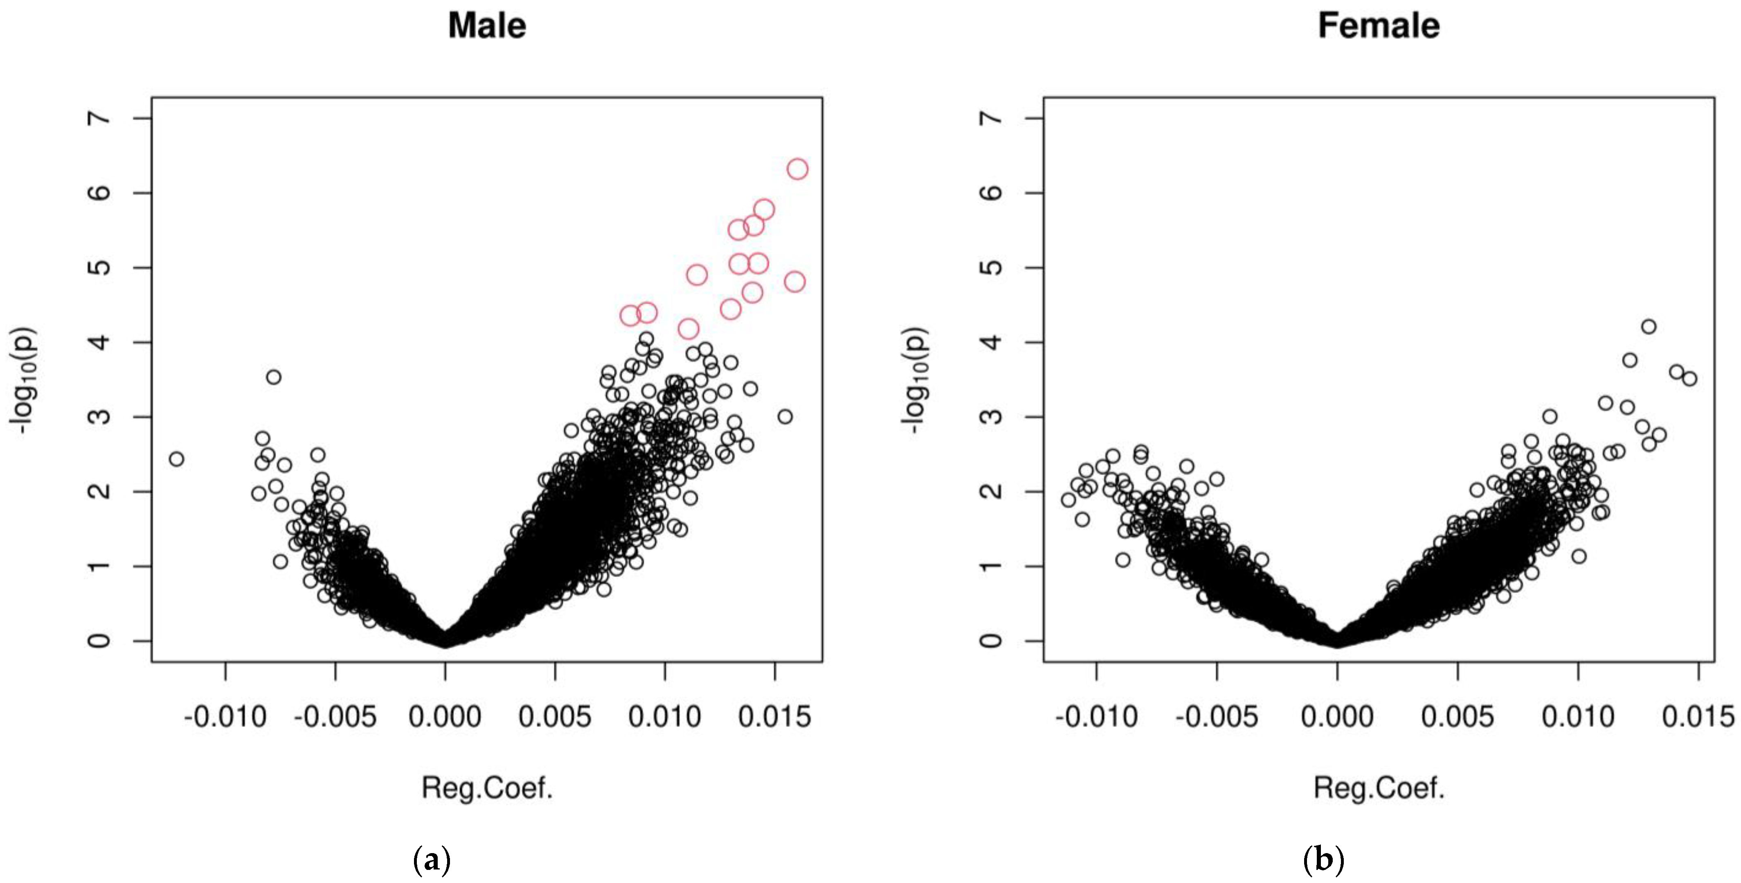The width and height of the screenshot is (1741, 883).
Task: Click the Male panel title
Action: point(487,26)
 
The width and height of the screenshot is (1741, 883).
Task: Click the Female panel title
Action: point(1378,26)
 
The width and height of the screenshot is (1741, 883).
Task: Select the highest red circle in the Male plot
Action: point(798,169)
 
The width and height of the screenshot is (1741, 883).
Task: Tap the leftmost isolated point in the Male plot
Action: point(176,459)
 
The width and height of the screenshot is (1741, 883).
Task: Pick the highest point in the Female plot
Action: point(1649,327)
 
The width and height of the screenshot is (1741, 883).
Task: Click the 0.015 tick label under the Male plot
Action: point(774,717)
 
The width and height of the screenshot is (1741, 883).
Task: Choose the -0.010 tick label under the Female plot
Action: point(1096,717)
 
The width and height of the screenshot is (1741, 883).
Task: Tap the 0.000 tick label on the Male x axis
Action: point(445,717)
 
